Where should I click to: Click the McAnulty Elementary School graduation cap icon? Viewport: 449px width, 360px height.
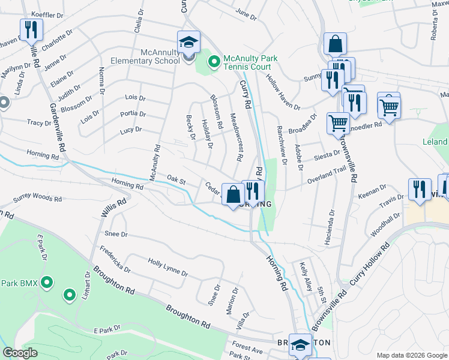click(188, 43)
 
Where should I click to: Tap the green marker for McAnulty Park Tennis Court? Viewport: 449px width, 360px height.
click(213, 61)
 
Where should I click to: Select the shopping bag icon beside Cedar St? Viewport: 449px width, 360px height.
click(233, 194)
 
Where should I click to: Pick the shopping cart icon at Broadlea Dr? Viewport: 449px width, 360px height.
click(337, 123)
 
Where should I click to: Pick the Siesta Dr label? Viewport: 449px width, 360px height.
click(328, 156)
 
